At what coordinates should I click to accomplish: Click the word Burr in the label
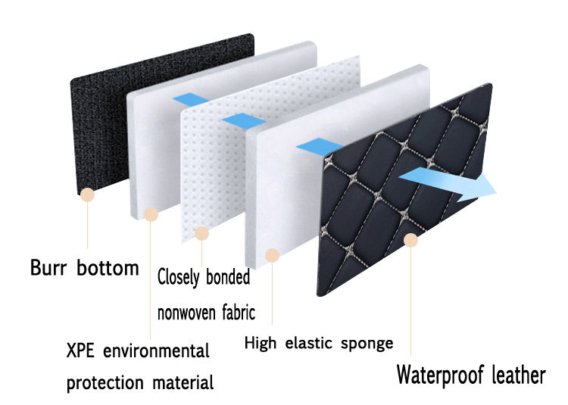(49, 268)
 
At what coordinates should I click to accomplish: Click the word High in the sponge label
(259, 344)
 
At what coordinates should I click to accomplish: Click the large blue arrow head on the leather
(477, 185)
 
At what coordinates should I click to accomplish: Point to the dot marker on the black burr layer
(89, 195)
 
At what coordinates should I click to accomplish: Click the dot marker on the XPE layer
(151, 214)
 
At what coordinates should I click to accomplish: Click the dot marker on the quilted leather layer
(411, 241)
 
